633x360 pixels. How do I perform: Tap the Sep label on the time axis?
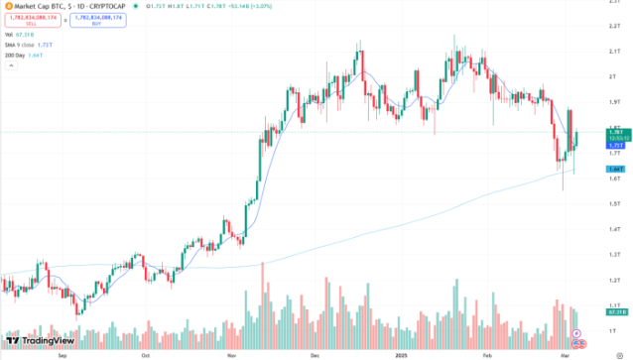click(63, 353)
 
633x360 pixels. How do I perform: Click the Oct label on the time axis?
click(146, 353)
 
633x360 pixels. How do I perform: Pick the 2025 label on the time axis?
click(403, 353)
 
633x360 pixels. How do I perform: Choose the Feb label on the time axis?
click(487, 353)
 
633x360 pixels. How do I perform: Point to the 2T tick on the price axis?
click(613, 76)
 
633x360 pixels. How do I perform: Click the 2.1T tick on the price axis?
click(614, 52)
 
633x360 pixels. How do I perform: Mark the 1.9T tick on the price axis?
click(614, 101)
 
